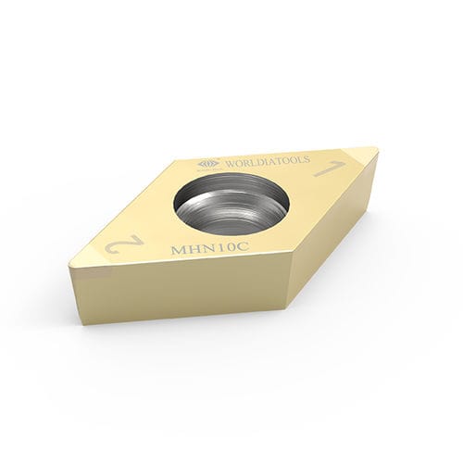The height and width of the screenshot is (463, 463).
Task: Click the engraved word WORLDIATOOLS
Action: coord(268,161)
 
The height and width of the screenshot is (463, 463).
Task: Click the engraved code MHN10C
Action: coord(210,249)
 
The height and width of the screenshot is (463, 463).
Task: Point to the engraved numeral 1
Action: coord(329,169)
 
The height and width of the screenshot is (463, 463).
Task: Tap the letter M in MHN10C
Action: coord(180,249)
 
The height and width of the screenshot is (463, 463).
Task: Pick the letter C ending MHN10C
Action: coord(243,248)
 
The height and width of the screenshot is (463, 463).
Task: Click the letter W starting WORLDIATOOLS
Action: coord(231,164)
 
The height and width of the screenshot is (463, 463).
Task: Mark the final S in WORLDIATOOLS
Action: coord(307,159)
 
